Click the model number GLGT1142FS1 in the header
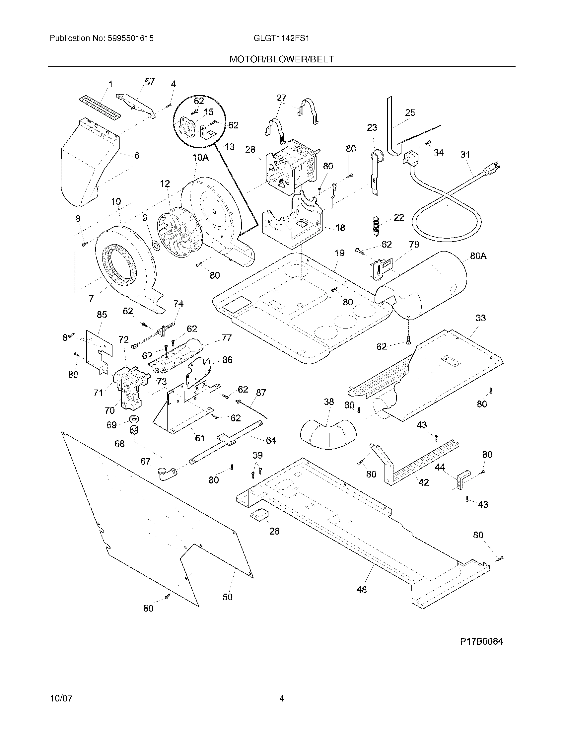pyautogui.click(x=281, y=38)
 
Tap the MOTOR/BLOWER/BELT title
pyautogui.click(x=281, y=59)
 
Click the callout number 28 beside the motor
pyautogui.click(x=250, y=149)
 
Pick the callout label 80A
pyautogui.click(x=478, y=256)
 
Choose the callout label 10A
pyautogui.click(x=200, y=157)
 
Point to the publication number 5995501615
pyautogui.click(x=131, y=38)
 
